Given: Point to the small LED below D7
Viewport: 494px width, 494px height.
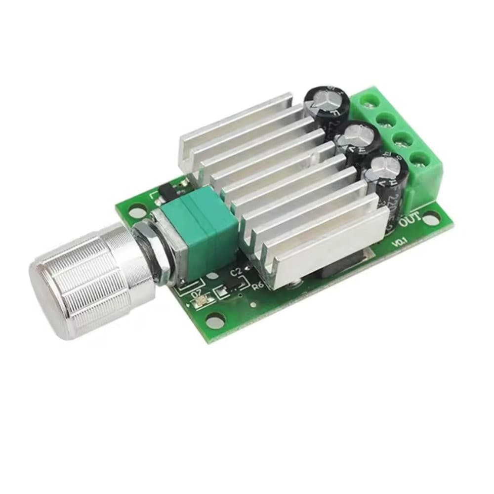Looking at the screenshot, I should (202, 298).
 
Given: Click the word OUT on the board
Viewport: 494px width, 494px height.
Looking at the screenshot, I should (410, 219).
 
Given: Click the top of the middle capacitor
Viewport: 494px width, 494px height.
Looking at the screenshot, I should (357, 134).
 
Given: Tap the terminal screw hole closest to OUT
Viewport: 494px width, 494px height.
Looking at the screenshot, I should (420, 159).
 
